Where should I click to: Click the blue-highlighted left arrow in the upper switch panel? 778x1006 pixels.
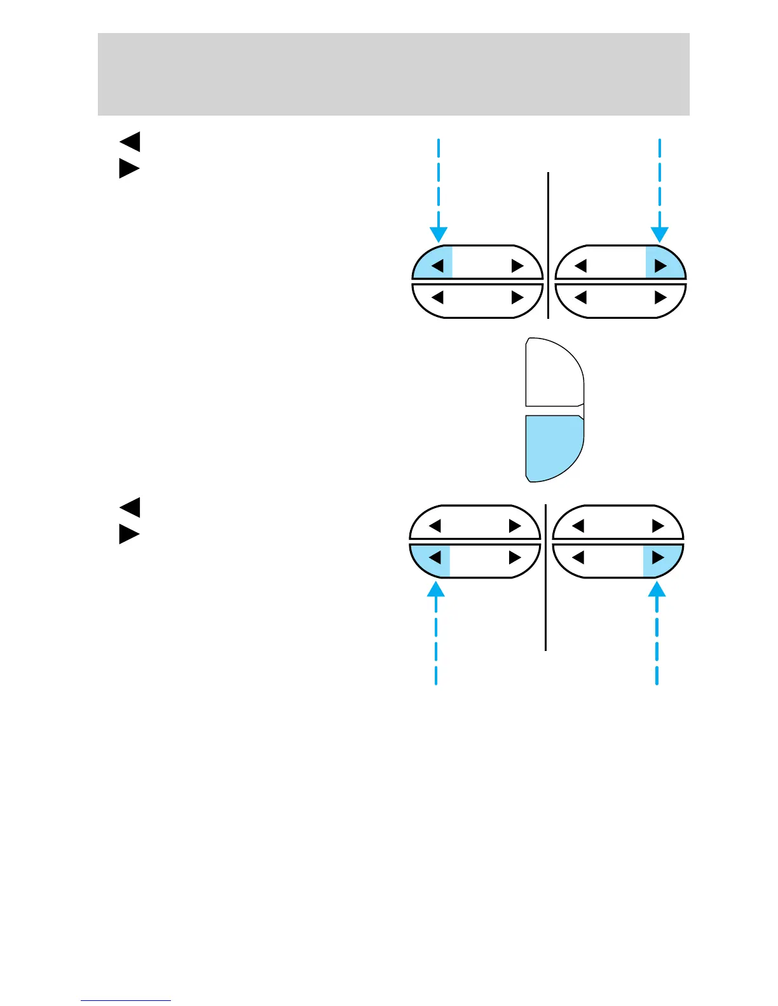tap(437, 265)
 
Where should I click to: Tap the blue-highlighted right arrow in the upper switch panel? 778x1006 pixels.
tap(660, 265)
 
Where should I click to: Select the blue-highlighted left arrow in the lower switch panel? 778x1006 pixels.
tap(435, 558)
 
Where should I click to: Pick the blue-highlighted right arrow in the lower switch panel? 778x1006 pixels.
tap(659, 558)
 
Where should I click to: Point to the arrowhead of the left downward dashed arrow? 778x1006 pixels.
tap(439, 236)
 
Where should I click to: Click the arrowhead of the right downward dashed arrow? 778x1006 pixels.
tap(660, 236)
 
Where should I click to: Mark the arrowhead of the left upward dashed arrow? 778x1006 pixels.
tap(435, 589)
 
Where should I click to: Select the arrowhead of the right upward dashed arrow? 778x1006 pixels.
tap(657, 589)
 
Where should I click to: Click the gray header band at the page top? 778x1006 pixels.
tap(393, 74)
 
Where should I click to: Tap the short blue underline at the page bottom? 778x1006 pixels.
tap(126, 1000)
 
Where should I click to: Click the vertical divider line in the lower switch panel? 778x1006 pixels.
tap(546, 578)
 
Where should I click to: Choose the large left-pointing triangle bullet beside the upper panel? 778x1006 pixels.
tap(130, 142)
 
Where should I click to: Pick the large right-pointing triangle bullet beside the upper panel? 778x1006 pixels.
tap(129, 169)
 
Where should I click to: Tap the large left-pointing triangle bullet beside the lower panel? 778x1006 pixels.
tap(130, 507)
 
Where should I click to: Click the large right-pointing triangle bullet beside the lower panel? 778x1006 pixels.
tap(129, 535)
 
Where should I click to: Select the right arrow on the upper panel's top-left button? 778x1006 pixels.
tap(517, 265)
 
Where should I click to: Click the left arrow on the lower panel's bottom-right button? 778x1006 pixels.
tap(578, 558)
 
